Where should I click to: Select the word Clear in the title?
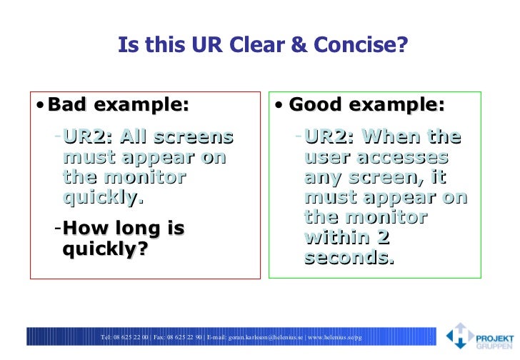click(280, 46)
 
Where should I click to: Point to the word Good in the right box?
click(316, 106)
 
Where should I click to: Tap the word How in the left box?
click(85, 229)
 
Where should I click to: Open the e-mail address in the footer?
click(266, 336)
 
